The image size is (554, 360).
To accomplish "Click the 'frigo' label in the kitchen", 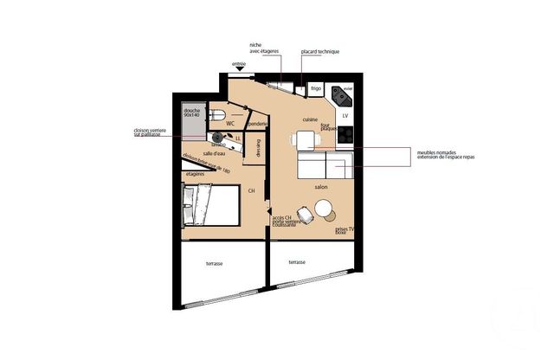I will point(316,88).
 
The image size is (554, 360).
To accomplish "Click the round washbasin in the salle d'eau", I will point(216,137).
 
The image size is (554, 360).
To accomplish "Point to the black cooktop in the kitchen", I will point(345,133).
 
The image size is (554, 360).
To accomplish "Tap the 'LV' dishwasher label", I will point(345,114).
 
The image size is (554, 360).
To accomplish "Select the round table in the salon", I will point(325,209).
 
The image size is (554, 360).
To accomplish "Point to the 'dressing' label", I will point(256,149).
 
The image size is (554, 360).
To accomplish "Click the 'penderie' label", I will point(257,124).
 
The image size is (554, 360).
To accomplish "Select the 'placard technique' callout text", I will point(319,52).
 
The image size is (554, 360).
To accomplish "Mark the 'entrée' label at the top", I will point(239,65).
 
